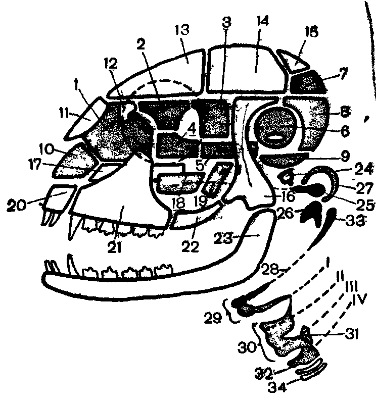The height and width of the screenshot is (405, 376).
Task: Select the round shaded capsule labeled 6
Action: pos(276,125)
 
